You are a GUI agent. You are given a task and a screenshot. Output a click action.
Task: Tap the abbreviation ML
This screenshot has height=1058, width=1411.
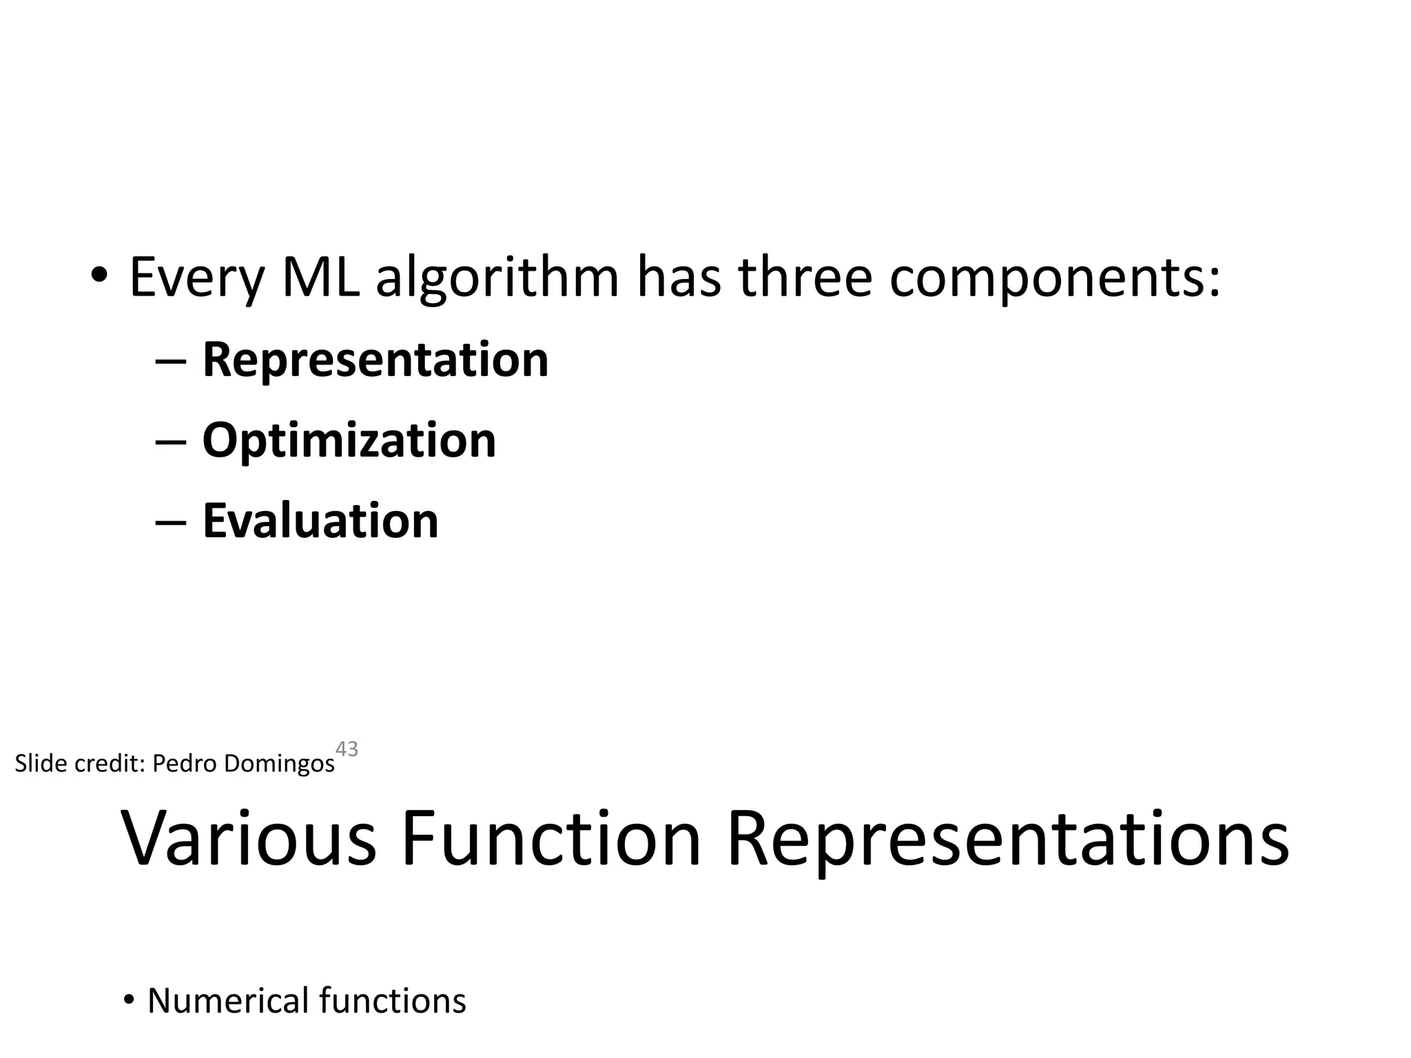point(321,278)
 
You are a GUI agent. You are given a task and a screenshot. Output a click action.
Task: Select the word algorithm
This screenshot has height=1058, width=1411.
point(497,279)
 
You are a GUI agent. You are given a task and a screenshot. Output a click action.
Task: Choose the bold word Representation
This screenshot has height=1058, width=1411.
point(375,360)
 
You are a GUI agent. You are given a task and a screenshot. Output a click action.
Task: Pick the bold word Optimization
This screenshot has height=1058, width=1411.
point(349,441)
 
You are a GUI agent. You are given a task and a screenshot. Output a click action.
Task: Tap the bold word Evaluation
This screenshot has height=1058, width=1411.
point(320,521)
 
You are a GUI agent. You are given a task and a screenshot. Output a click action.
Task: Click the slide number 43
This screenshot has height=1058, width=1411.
point(347,749)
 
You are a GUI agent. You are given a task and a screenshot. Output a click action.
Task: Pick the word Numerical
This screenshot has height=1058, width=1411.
point(228,1001)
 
